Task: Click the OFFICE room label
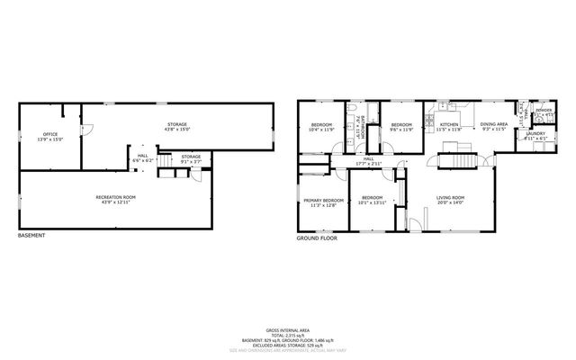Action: point(49,136)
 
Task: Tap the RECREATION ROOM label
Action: point(116,198)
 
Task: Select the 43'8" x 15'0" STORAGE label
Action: point(177,124)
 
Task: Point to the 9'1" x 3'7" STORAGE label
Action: point(191,158)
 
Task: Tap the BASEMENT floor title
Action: point(31,236)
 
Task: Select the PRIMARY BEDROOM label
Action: point(322,202)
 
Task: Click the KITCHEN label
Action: point(449,126)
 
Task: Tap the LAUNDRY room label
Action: point(535,136)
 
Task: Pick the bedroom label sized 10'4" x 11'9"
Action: point(322,126)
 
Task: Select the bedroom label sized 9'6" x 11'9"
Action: point(401,126)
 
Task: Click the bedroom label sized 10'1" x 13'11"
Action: point(373,199)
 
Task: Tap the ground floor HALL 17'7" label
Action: point(369,161)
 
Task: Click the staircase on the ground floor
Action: point(456,162)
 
